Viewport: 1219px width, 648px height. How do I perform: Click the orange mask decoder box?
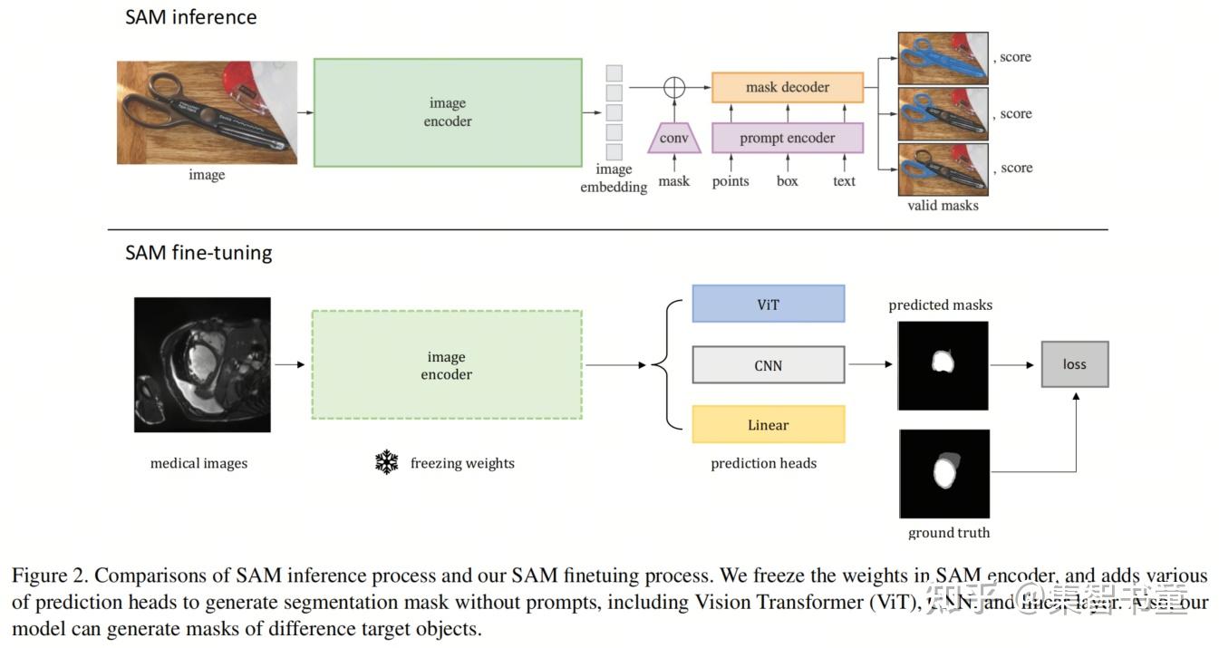pos(787,87)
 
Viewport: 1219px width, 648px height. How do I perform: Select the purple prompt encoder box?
pos(787,139)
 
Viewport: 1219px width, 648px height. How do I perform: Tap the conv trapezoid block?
pos(673,139)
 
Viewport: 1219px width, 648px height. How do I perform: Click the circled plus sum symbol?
pos(673,87)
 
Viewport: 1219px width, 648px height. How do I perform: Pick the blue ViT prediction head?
pos(768,304)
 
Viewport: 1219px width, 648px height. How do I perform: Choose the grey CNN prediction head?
pos(768,365)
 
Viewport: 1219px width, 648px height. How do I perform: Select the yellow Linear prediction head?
pos(768,425)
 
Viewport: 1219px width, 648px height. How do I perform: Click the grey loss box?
pos(1074,364)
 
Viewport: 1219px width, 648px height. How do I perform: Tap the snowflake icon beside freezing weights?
pos(387,463)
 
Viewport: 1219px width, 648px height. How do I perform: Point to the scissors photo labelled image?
pos(207,112)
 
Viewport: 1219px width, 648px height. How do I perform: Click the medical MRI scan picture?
pos(202,364)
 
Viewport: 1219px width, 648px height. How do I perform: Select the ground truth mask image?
pos(943,474)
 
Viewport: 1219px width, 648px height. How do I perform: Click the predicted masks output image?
pos(943,364)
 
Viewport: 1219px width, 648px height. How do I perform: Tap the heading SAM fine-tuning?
pos(198,252)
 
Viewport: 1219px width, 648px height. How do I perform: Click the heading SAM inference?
pos(190,17)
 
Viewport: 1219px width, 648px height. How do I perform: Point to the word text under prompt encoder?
pos(844,181)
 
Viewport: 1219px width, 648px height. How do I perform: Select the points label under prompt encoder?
pos(730,181)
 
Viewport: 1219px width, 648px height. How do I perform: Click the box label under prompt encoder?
pos(787,181)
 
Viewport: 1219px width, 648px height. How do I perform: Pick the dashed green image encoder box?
pos(446,365)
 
